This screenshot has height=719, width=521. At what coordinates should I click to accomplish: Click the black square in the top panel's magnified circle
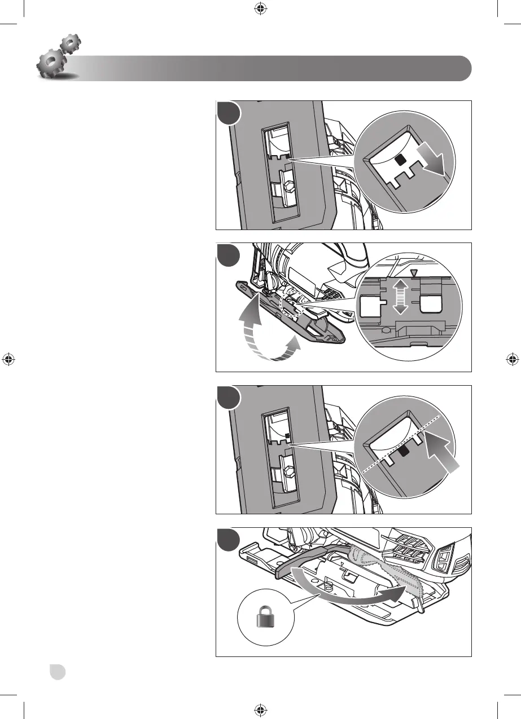click(x=401, y=161)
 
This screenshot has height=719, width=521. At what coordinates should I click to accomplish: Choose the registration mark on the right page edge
click(x=512, y=359)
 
